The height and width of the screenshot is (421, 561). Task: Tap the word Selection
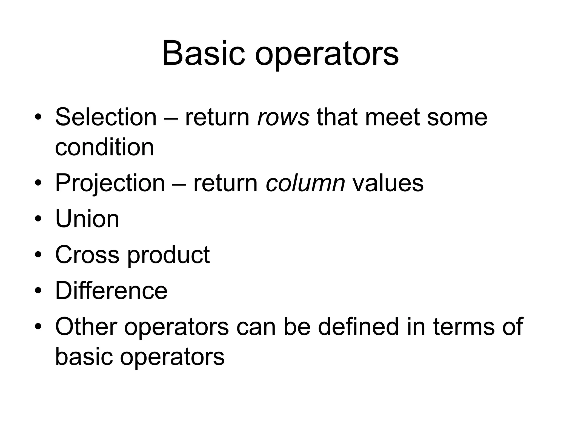point(106,117)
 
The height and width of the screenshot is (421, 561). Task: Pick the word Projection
point(110,183)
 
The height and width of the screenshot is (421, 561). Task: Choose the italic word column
point(305,183)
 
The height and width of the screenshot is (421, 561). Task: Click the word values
point(388,183)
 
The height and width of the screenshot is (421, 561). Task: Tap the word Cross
point(87,255)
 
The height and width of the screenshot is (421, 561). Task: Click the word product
point(168,255)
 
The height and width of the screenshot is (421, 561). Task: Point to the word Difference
point(111,291)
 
